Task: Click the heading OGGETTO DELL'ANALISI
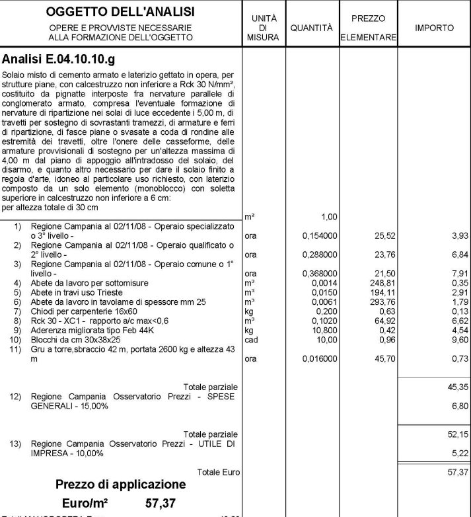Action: [121, 12]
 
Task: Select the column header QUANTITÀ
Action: [311, 28]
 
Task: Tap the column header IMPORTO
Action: [434, 28]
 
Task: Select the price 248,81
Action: [382, 282]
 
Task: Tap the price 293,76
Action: [382, 301]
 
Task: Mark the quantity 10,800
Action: [326, 330]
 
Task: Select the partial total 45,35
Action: [457, 387]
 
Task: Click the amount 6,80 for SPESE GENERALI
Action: [459, 406]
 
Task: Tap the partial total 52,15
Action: [457, 434]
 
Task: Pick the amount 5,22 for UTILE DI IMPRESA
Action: [459, 454]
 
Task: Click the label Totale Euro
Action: [219, 472]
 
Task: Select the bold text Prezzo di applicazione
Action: [120, 485]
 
